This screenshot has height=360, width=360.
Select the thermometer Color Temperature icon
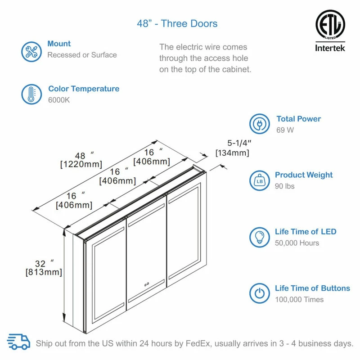(x=31, y=94)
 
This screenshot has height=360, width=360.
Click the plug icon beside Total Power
(x=260, y=125)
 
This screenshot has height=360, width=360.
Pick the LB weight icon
(x=260, y=180)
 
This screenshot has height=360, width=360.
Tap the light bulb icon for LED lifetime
(x=260, y=237)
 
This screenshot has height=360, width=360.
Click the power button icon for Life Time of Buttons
(x=260, y=293)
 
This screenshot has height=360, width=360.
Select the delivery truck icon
(x=19, y=342)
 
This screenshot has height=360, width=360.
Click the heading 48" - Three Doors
(x=177, y=23)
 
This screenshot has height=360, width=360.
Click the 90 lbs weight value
(x=284, y=186)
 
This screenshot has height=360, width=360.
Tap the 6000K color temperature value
(x=59, y=100)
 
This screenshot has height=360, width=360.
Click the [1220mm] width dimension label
(x=81, y=164)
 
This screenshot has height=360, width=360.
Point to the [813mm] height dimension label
(x=44, y=272)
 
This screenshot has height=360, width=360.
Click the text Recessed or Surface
(x=82, y=55)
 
